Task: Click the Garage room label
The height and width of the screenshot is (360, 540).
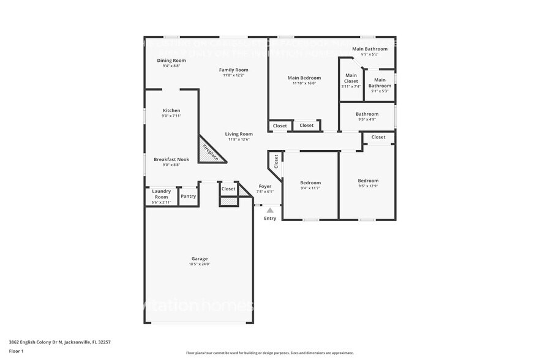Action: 200,259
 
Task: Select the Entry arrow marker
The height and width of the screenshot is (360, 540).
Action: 270,211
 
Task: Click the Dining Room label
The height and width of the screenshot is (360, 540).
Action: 171,61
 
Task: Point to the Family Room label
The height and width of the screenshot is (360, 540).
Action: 234,70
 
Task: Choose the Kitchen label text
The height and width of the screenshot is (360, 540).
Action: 171,111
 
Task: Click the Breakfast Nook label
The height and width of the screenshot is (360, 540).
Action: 171,160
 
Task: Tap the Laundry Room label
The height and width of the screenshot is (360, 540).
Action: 161,194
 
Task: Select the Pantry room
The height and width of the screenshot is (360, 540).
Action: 189,197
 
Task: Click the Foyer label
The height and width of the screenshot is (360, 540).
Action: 265,186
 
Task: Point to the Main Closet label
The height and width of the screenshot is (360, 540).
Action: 351,78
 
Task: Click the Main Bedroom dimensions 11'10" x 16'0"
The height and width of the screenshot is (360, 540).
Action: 304,83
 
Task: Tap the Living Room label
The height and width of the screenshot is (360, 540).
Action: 239,134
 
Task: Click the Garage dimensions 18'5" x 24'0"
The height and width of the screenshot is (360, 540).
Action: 200,264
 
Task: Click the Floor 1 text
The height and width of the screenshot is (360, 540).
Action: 17,351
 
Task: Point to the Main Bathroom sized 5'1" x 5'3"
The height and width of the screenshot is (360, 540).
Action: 380,83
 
